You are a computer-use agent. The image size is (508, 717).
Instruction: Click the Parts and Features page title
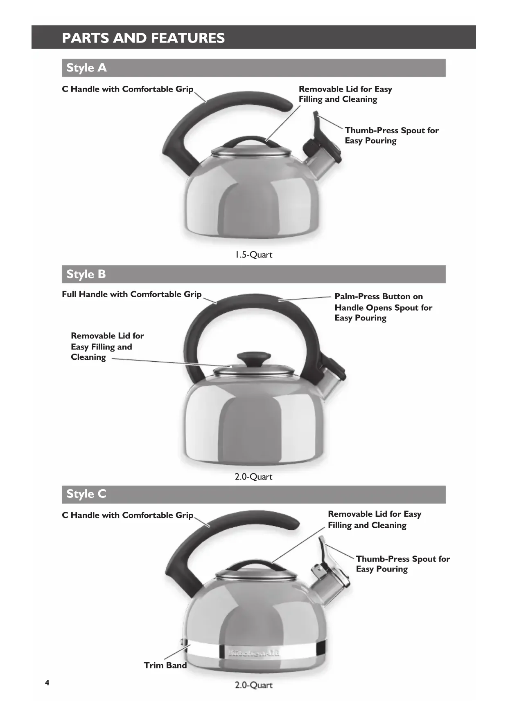143,38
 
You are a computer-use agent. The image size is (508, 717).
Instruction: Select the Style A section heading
86,68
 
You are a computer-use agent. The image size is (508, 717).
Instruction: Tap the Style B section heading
86,274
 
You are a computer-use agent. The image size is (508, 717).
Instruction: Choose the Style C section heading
86,494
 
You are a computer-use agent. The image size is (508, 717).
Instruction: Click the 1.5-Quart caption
253,255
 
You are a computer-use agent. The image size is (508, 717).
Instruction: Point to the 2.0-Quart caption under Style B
253,477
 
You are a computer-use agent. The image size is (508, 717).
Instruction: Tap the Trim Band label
165,665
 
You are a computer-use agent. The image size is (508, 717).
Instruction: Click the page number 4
47,683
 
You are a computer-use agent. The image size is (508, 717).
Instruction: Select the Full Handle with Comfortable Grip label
131,294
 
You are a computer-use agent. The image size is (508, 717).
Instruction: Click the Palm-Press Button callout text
383,307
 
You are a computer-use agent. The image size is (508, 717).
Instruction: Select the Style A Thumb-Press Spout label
391,135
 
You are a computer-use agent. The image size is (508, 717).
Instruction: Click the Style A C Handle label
127,89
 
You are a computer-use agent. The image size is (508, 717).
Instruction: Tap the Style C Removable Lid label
374,520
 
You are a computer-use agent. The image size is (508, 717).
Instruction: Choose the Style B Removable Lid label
107,346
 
